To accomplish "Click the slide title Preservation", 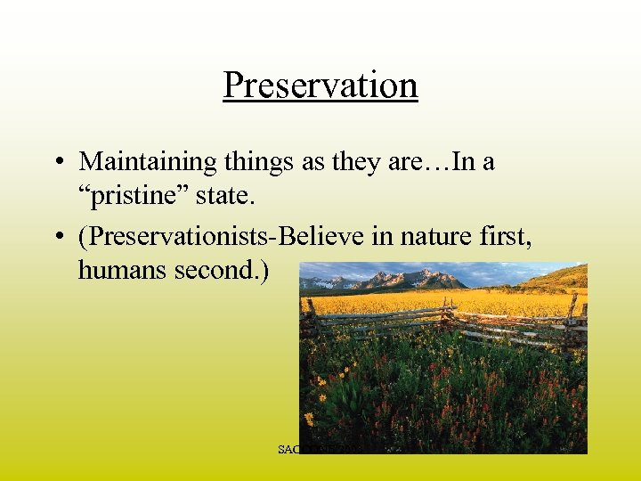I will click(320, 86).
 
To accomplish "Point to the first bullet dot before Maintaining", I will click(56, 162).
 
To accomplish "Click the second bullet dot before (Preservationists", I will click(56, 236).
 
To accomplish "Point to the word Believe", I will click(337, 236).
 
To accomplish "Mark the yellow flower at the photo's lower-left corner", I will click(309, 417).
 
